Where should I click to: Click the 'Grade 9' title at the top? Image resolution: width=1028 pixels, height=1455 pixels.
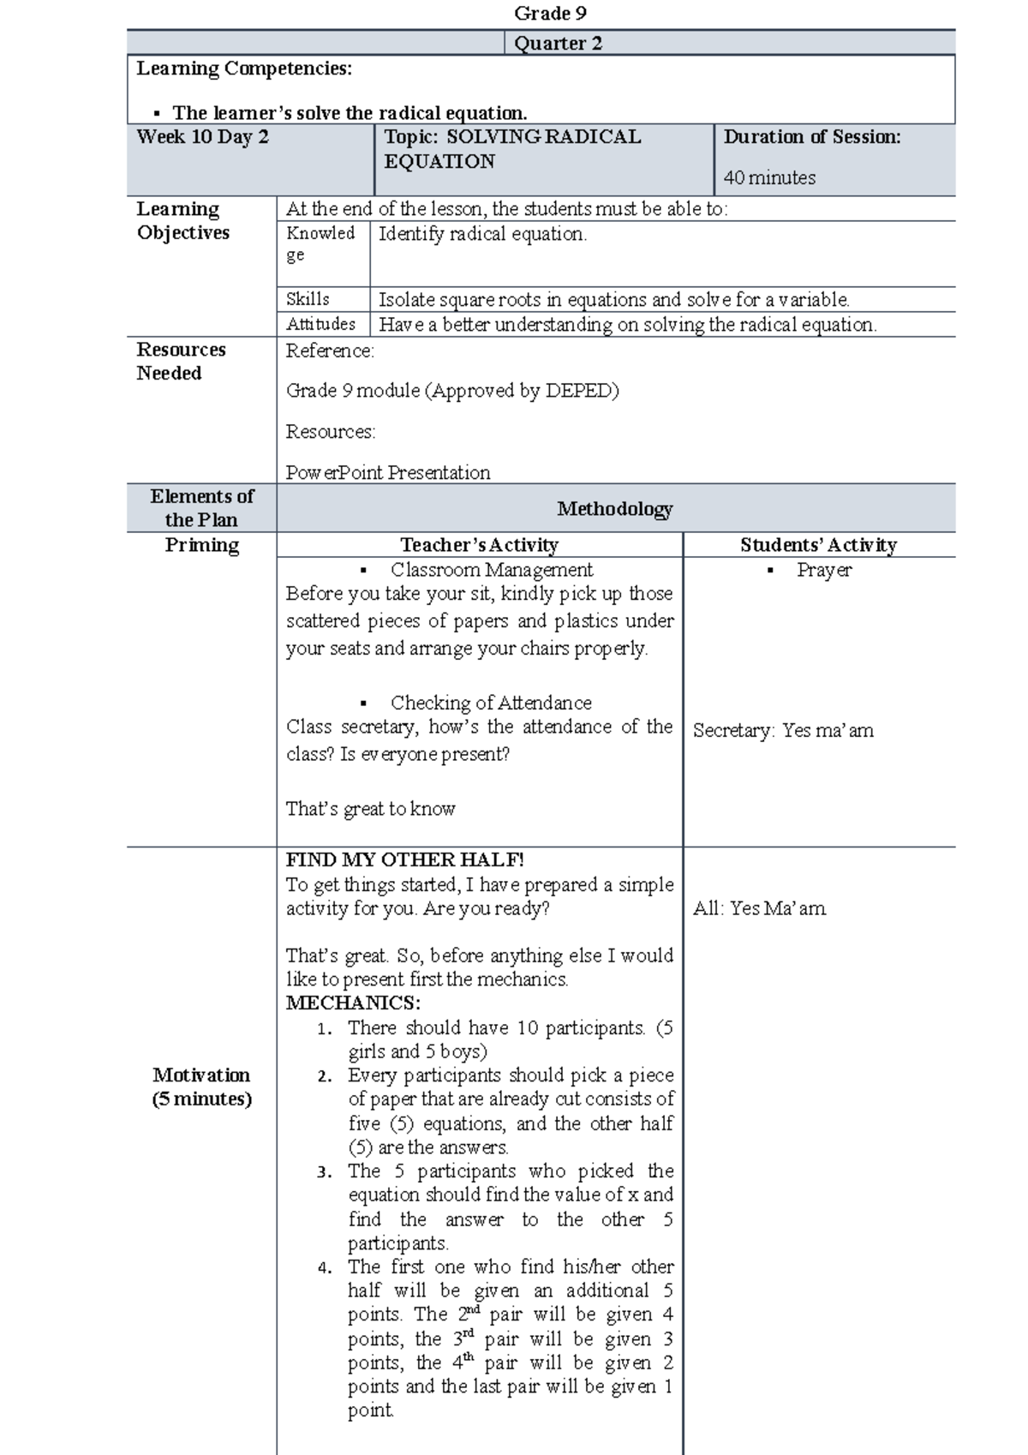550,13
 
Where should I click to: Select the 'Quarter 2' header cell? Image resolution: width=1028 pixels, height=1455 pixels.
558,43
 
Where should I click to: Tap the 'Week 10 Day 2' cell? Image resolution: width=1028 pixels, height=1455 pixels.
202,137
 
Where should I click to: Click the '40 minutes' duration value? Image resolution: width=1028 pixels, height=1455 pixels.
769,177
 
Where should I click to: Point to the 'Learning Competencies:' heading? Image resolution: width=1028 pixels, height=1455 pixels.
244,69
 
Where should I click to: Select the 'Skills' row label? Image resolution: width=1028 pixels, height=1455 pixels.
308,299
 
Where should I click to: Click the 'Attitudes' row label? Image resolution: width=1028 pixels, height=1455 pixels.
320,324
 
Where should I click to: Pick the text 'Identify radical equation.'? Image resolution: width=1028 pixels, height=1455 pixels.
482,234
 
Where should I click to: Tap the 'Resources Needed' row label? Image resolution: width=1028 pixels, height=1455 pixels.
181,361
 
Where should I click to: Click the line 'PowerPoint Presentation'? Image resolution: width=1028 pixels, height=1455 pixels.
388,472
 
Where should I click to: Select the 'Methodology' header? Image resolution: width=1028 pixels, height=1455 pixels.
614,509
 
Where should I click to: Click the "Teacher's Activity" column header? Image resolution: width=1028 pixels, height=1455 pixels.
479,545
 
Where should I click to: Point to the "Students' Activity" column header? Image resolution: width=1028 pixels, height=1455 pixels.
818,545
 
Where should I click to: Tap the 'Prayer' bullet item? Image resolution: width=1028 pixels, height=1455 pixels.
824,570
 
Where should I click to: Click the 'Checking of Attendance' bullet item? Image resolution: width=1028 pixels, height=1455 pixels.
491,703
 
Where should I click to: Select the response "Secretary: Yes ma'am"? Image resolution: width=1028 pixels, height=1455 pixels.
783,730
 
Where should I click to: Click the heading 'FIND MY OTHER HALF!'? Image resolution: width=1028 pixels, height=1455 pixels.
404,859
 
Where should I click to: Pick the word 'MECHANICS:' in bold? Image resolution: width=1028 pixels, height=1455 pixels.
353,1003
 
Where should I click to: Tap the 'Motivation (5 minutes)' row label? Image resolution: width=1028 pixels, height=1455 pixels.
201,1087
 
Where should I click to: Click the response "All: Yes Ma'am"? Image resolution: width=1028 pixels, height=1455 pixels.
759,908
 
